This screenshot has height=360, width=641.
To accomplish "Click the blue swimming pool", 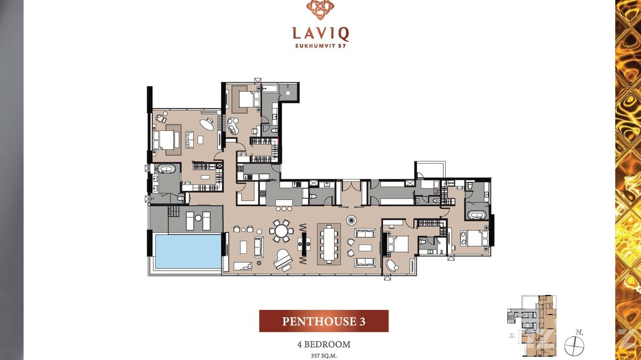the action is tap(188, 251).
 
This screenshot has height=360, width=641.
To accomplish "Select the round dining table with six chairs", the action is tap(281, 231).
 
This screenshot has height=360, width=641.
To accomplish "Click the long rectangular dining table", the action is tap(329, 244).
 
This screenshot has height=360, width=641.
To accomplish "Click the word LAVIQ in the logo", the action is tap(320, 34).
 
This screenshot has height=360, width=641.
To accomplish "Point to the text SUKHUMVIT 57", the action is tap(320, 45).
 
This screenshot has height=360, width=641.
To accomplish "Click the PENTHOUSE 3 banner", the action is tap(324, 321).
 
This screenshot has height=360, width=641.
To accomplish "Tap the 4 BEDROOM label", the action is tap(324, 344).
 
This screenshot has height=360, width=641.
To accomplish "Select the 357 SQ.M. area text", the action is tap(324, 356).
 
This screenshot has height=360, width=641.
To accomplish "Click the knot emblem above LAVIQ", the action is tap(320, 10).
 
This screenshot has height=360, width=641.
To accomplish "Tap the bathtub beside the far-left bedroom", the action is tap(166, 169).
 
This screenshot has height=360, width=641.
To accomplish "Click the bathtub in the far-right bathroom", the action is tap(476, 215).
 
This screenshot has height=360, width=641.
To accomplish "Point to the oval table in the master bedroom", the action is tap(207, 125).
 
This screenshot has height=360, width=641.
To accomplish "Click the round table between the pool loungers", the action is tap(198, 218).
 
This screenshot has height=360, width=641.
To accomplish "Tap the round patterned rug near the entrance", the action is tap(352, 221).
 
